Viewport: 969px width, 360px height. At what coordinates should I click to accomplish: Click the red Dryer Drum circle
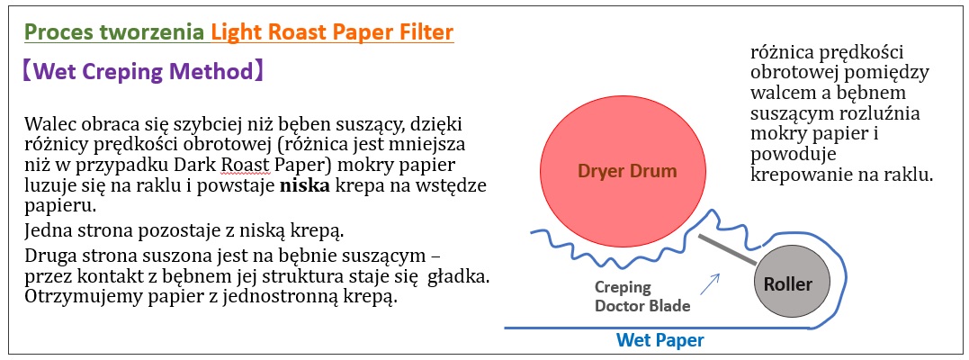[623, 171]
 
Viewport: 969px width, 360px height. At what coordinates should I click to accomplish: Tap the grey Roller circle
[792, 283]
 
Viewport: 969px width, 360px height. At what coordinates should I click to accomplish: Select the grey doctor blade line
[728, 250]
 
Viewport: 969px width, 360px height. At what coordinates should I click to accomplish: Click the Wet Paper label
[660, 340]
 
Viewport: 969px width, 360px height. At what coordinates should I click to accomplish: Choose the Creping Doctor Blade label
[642, 296]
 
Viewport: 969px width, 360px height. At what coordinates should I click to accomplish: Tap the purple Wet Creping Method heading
[143, 72]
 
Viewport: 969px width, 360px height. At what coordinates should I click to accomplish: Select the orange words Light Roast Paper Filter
[333, 32]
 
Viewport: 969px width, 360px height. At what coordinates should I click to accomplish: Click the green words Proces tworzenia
[114, 32]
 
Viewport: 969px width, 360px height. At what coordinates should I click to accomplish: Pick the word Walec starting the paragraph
[49, 123]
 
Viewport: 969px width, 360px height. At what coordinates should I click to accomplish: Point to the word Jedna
[49, 232]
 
